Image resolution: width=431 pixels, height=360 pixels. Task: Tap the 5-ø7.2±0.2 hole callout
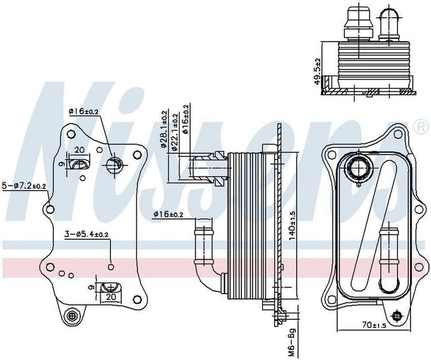pos(24,186)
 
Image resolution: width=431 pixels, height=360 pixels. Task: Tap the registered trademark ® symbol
pos(418,127)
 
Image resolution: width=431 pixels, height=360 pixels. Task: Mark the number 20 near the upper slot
pos(80,151)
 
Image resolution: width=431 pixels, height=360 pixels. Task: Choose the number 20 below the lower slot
pos(111,297)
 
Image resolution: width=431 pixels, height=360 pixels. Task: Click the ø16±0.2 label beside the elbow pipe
pos(168,214)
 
